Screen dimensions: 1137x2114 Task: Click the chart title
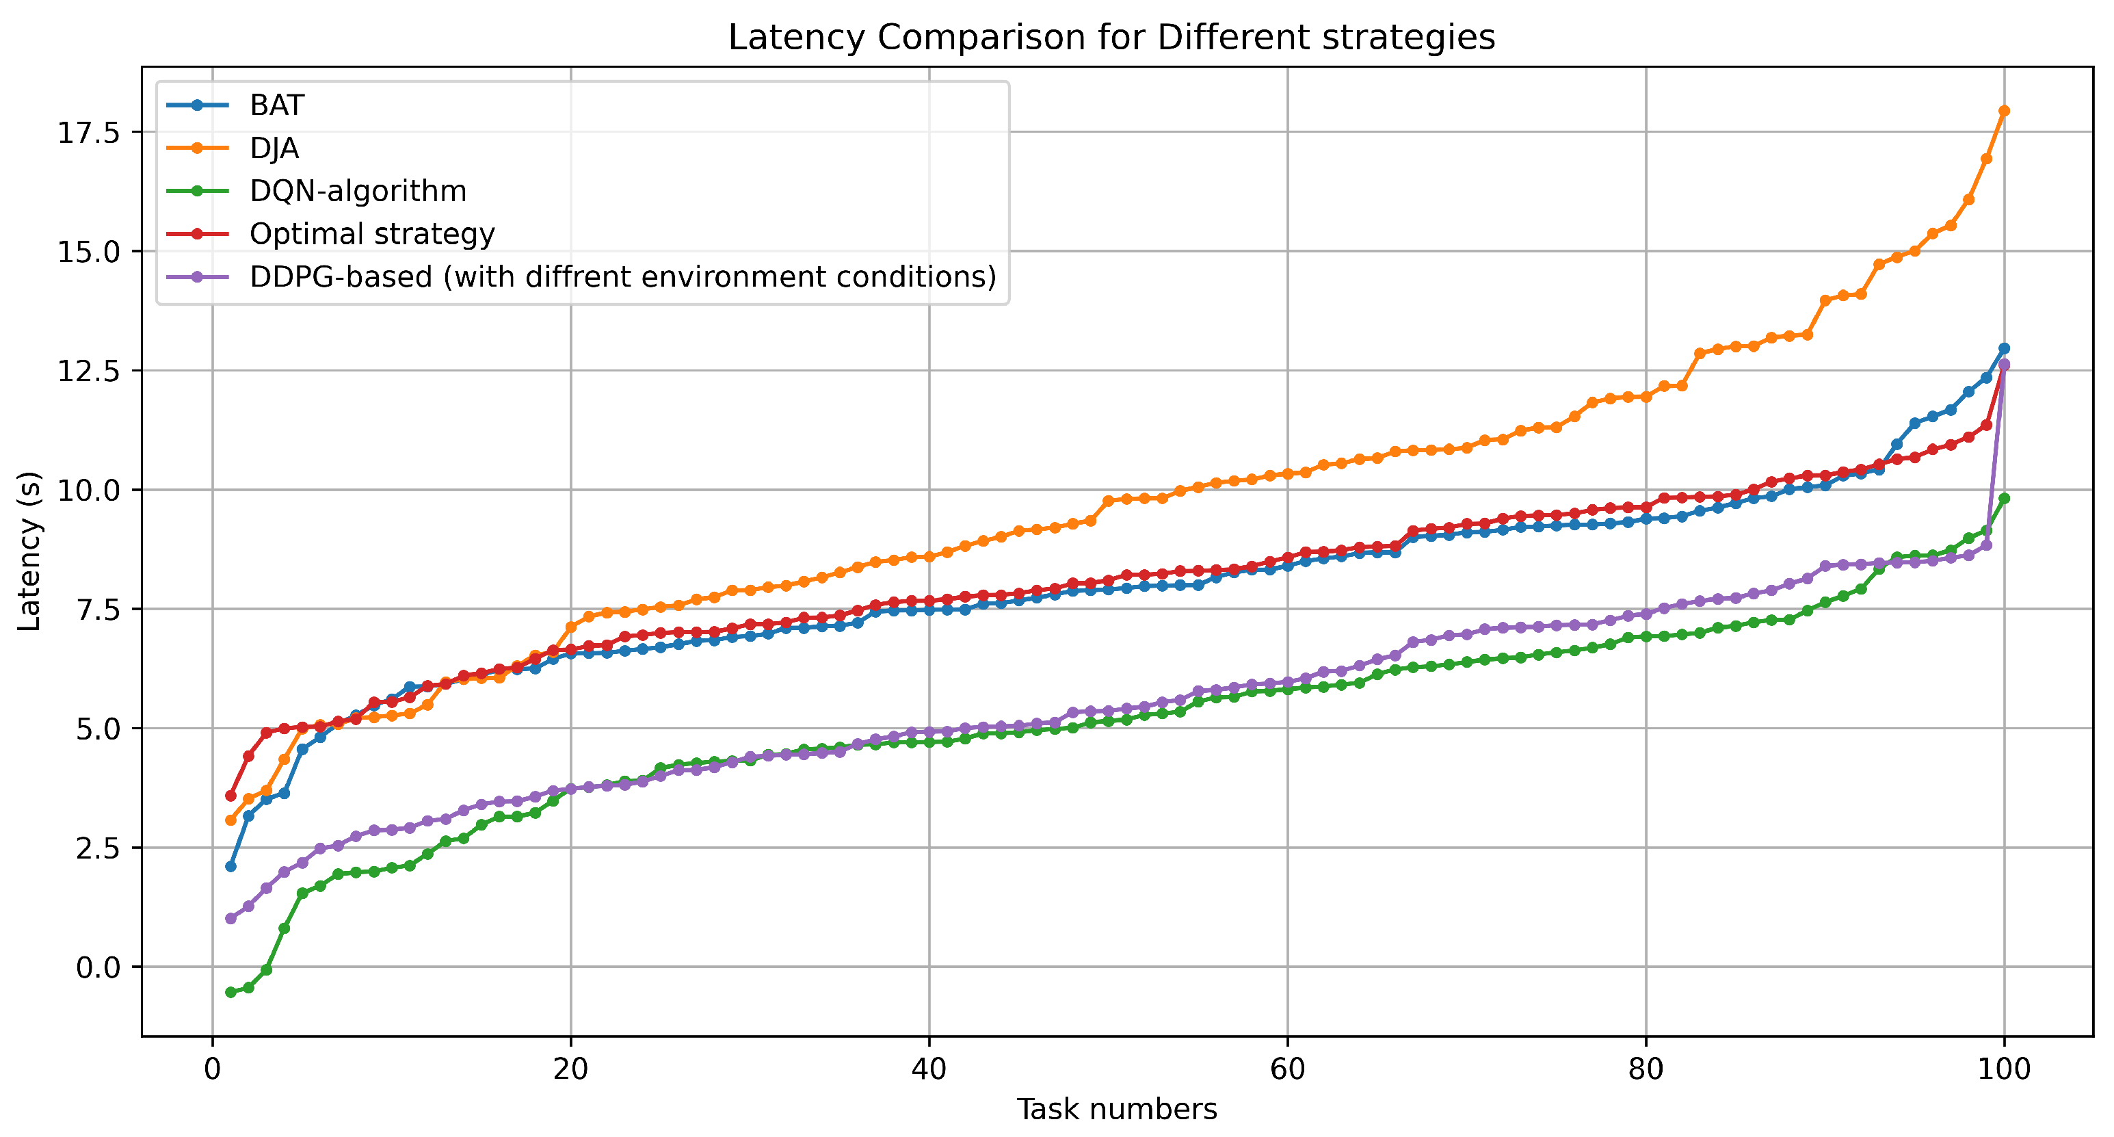(x=1111, y=38)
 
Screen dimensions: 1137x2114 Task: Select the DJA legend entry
(x=274, y=148)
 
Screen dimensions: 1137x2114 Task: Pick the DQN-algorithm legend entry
(x=358, y=192)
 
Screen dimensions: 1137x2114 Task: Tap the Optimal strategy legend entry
(x=372, y=234)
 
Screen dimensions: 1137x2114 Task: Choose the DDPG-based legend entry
(x=622, y=276)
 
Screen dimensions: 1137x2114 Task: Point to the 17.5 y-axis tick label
(x=88, y=133)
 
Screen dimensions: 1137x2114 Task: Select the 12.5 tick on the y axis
(x=88, y=371)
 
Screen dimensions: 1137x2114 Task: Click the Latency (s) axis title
(x=29, y=551)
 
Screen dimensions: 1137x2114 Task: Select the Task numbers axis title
(x=1117, y=1109)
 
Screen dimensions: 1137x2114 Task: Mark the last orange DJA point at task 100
(x=2004, y=111)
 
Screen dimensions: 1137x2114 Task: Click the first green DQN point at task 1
(x=230, y=993)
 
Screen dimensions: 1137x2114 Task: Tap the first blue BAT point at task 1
(x=230, y=866)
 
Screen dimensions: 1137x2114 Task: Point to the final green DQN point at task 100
(x=2004, y=498)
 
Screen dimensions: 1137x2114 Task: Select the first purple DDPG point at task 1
(x=230, y=919)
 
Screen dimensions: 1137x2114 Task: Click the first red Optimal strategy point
(x=230, y=796)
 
